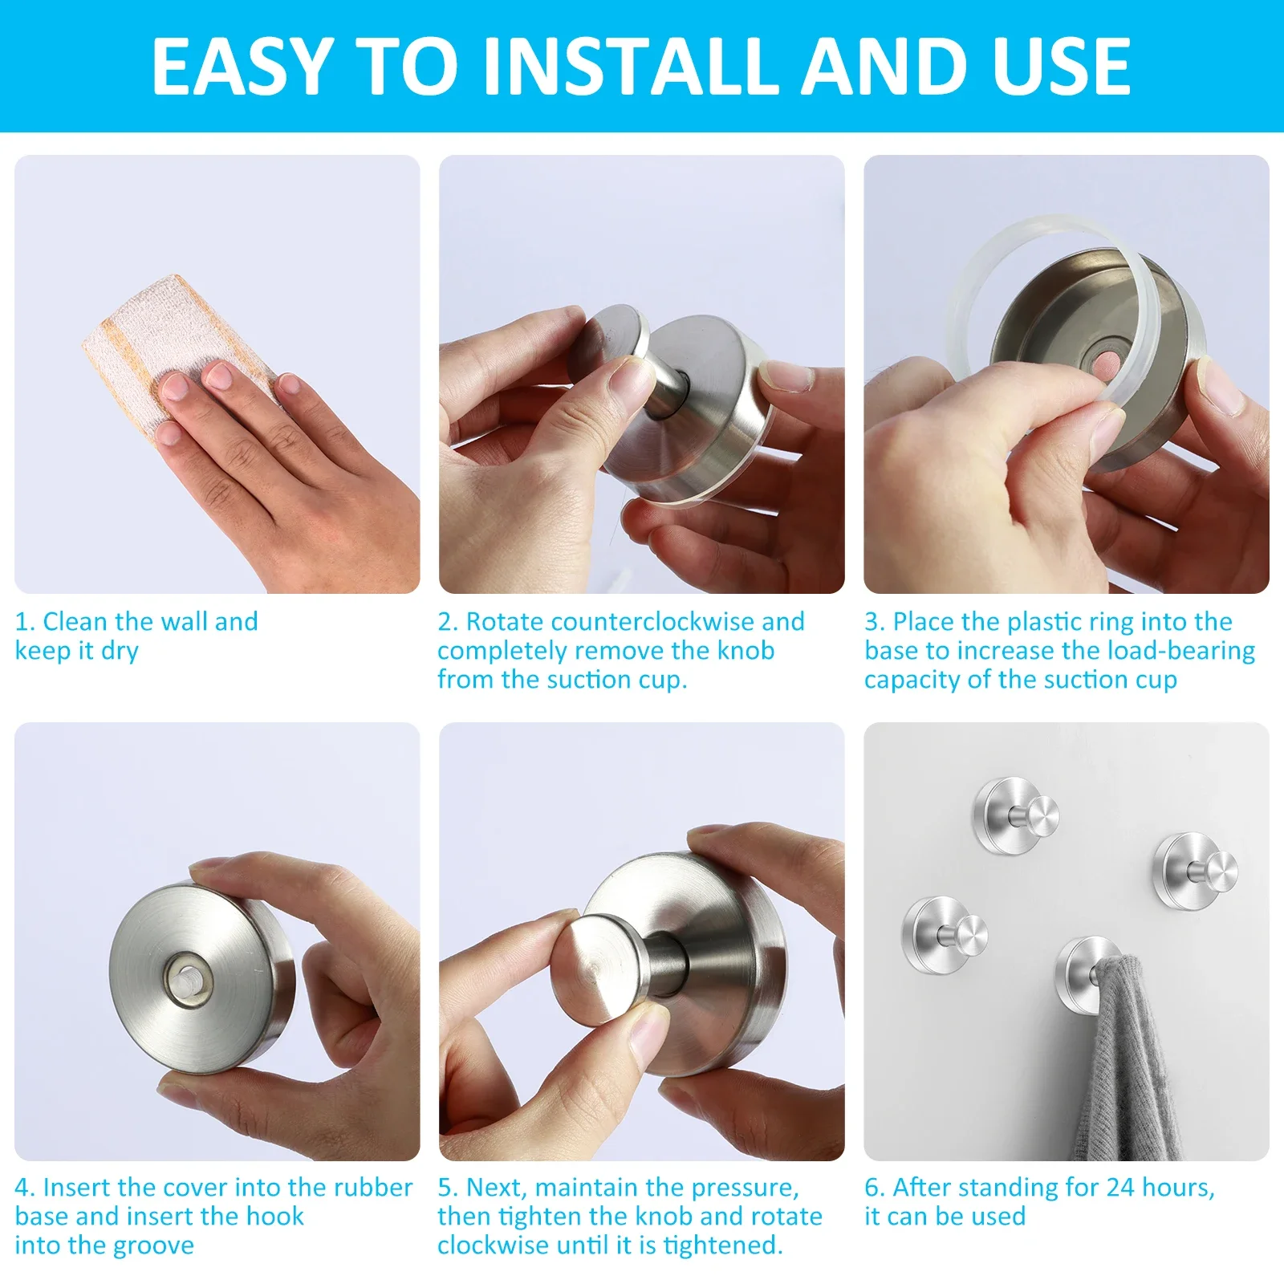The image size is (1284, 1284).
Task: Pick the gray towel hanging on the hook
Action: tap(1128, 1059)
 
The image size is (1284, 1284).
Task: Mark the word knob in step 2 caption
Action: tap(746, 650)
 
